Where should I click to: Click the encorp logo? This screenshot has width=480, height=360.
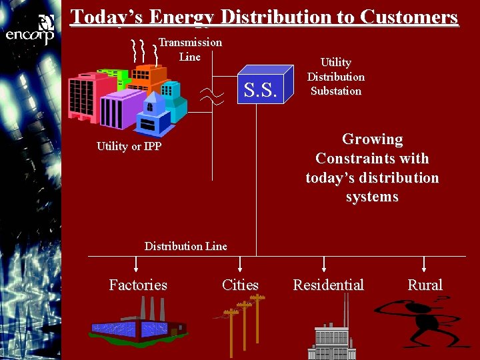pos(30,31)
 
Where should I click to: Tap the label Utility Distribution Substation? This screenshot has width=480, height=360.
pos(335,77)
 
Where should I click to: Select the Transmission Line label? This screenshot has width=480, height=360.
pos(190,49)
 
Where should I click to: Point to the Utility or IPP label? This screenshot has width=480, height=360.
pos(129,146)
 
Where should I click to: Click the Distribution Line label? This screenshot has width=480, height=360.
pos(185,246)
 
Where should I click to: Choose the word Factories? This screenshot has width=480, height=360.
pos(138,285)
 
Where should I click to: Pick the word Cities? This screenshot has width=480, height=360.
pos(240,285)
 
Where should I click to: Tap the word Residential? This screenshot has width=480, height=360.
pos(328,285)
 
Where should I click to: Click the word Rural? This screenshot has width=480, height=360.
pos(425,285)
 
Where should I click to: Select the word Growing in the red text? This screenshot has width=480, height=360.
pos(372,139)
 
